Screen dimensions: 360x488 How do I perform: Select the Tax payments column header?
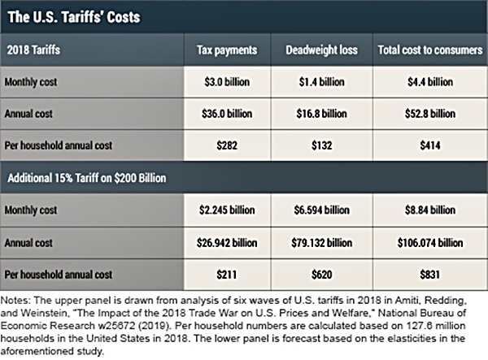coord(228,50)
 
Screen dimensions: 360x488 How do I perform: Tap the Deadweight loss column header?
coord(320,50)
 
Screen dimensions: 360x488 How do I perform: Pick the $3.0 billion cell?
coord(228,82)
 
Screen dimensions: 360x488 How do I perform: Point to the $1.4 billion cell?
coord(320,82)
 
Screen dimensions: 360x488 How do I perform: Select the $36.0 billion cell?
coord(228,113)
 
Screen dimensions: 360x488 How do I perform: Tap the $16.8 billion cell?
coord(320,113)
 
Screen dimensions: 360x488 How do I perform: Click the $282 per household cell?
coord(228,145)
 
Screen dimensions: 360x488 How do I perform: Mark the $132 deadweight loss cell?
coord(320,145)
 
